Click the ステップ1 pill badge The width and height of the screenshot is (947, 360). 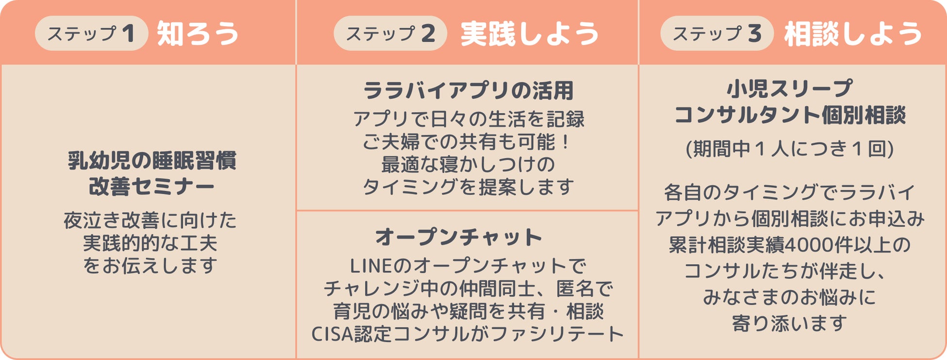[x=91, y=33]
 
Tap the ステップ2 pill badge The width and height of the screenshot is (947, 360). [x=390, y=33]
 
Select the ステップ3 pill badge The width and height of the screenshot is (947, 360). [x=716, y=33]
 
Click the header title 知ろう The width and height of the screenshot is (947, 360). [x=198, y=34]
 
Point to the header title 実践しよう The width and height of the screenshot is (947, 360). [x=530, y=34]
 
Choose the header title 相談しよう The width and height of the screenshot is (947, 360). [x=853, y=34]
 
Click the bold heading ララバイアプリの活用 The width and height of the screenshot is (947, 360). [x=468, y=90]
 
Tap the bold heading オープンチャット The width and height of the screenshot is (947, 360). [x=458, y=237]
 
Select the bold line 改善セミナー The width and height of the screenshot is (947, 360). [x=152, y=187]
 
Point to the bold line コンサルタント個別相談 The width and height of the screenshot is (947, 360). [x=790, y=115]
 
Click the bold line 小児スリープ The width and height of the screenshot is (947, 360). [x=790, y=89]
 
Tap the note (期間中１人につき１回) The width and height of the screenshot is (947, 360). [x=790, y=149]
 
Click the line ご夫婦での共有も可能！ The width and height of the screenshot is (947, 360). [x=467, y=142]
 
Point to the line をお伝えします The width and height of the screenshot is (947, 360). [x=150, y=265]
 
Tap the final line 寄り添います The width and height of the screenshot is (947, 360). [x=790, y=323]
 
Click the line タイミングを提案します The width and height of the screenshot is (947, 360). [x=468, y=187]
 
